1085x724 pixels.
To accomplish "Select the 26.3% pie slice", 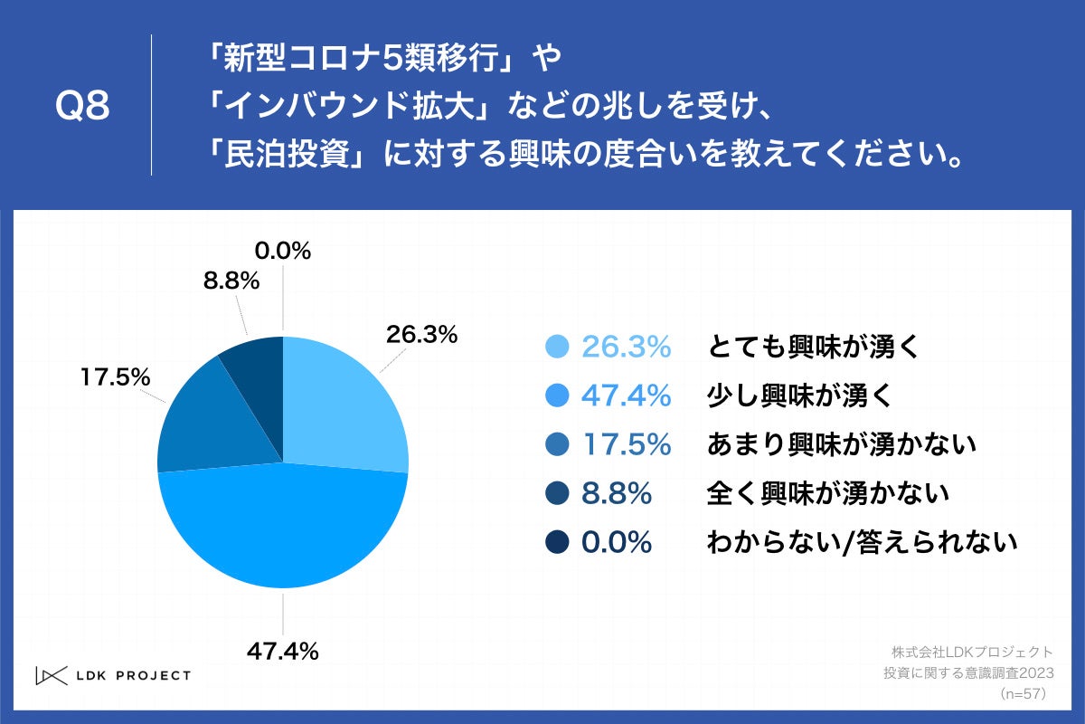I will [x=339, y=407].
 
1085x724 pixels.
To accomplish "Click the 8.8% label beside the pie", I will [x=231, y=281].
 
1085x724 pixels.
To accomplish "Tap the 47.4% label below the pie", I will [x=283, y=650].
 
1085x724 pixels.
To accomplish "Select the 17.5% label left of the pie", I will [x=115, y=377].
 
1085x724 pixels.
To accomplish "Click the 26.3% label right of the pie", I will [x=421, y=335].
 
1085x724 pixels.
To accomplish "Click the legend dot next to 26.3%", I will [x=558, y=347].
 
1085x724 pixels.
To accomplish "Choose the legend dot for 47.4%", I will [x=558, y=395].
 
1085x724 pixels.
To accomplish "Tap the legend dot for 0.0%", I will [x=558, y=543].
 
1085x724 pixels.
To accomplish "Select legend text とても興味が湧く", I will [x=813, y=347].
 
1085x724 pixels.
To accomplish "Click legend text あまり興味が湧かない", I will [x=842, y=444].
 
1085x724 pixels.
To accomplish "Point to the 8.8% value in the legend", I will [x=617, y=494].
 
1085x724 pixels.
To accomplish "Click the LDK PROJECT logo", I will [x=113, y=675].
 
